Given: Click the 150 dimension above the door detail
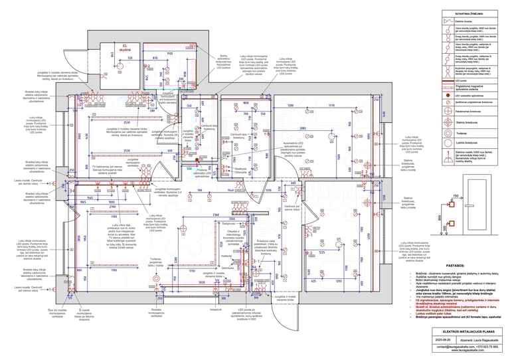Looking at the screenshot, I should click(x=455, y=196).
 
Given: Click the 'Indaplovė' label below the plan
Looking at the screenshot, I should click(x=215, y=310).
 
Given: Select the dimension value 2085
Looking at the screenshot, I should click(x=302, y=128).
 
